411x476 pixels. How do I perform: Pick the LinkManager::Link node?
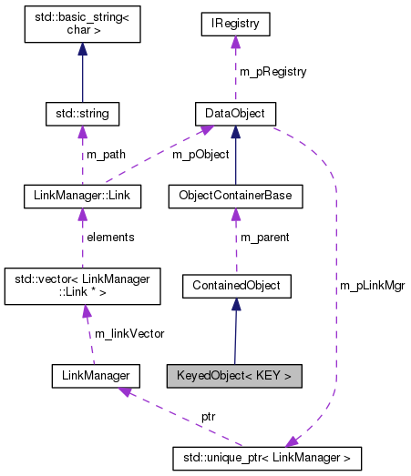pyautogui.click(x=81, y=196)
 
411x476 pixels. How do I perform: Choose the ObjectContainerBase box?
pyautogui.click(x=235, y=196)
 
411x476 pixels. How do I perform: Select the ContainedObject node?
pyautogui.click(x=235, y=286)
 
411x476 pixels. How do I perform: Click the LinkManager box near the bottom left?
pyautogui.click(x=95, y=374)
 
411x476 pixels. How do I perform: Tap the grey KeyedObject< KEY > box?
pyautogui.click(x=232, y=374)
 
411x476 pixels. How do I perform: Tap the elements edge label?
pyautogui.click(x=110, y=237)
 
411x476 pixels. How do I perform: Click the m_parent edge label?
pyautogui.click(x=264, y=238)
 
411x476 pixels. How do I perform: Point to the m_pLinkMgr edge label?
pyautogui.click(x=372, y=285)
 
